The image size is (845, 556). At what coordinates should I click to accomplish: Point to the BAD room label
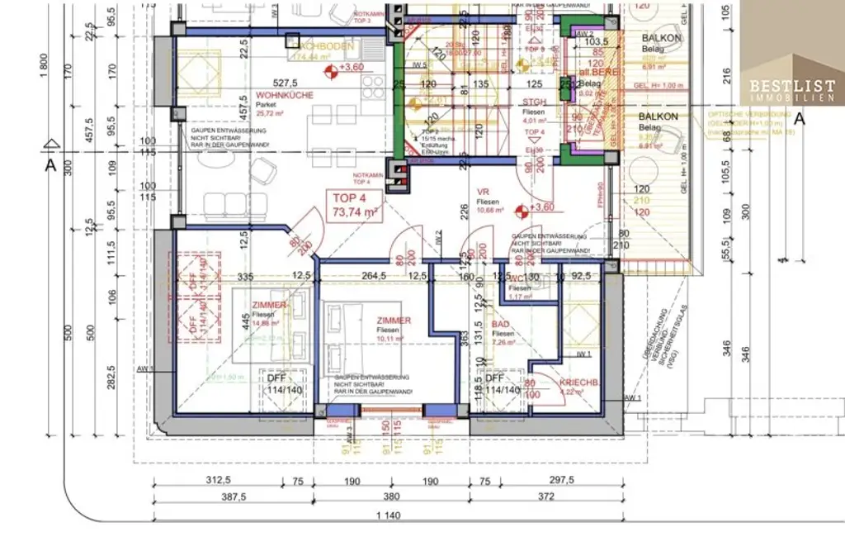click(501, 326)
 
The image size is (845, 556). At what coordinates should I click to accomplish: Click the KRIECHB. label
click(578, 383)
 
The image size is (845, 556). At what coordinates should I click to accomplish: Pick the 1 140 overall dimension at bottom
click(389, 516)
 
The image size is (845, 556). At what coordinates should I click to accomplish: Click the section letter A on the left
click(50, 164)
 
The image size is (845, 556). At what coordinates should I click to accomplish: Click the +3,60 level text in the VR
click(541, 207)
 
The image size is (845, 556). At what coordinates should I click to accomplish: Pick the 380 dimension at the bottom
click(391, 497)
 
